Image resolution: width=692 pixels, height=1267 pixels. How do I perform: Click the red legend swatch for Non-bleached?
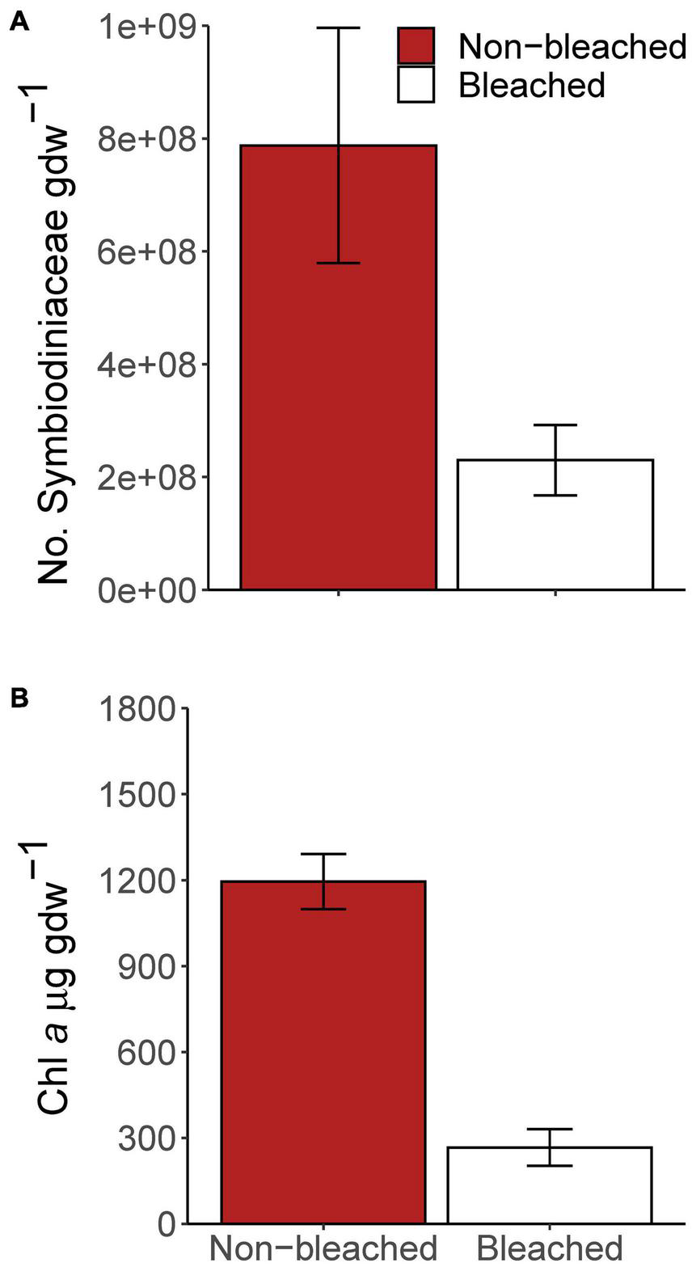point(416,46)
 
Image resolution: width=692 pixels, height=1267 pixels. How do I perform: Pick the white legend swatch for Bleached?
point(416,84)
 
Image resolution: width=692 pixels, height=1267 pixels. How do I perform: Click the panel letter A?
point(19,23)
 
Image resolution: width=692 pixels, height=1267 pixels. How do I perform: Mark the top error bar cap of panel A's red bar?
point(338,27)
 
